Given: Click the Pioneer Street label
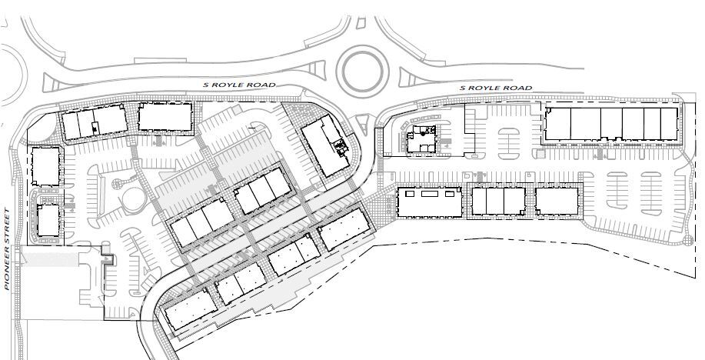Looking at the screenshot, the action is click(x=7, y=249).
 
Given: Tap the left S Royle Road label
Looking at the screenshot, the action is click(x=239, y=85).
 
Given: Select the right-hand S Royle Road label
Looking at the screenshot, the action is click(x=495, y=88).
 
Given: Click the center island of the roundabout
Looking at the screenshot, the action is click(x=362, y=71).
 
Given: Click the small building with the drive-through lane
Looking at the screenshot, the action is click(x=422, y=138).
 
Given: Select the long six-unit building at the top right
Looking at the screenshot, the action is click(x=611, y=124).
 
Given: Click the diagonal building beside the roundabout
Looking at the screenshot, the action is click(x=325, y=145).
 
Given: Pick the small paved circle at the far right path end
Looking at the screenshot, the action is click(x=687, y=240).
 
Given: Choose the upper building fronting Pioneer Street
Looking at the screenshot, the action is click(x=45, y=166).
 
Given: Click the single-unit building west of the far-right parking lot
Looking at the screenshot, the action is click(x=557, y=201).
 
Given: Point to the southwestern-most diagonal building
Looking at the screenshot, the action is click(x=190, y=309).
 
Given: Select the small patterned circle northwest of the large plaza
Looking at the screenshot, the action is click(x=117, y=184).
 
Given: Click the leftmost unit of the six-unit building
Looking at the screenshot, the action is click(x=557, y=124).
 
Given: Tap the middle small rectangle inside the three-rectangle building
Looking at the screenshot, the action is click(x=430, y=194).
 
